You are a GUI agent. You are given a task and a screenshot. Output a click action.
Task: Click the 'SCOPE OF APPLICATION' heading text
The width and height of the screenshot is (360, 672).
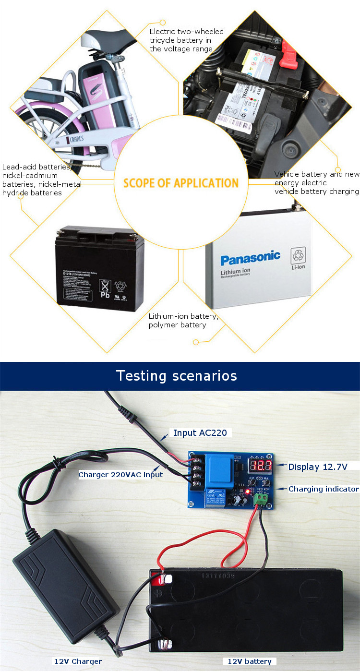pos(181,183)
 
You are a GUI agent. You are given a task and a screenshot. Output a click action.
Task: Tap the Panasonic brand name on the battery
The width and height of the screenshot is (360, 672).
pos(250,257)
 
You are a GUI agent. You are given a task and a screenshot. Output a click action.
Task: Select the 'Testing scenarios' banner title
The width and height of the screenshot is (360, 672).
pos(177,375)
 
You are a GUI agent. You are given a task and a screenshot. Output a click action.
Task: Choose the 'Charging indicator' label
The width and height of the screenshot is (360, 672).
pos(324,489)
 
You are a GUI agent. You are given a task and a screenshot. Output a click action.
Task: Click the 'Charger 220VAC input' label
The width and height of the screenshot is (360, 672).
pos(120,475)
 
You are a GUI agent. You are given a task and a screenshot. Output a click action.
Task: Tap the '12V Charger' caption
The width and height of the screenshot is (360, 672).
pos(78,661)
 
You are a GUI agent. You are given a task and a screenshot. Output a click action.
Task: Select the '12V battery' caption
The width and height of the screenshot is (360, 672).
pos(249,661)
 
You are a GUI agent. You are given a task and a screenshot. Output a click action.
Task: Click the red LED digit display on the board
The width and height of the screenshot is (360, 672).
pos(261,465)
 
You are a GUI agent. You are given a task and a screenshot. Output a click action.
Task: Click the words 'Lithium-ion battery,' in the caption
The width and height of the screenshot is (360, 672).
pos(183,316)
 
